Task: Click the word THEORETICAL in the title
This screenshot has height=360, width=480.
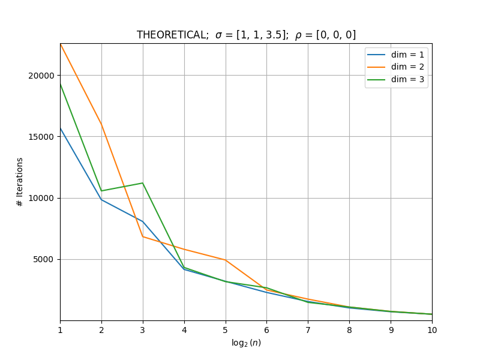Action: (x=172, y=35)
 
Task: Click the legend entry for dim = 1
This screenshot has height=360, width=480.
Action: (x=395, y=55)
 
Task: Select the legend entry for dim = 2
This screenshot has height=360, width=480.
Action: (x=395, y=67)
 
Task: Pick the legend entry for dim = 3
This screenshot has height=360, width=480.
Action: (x=395, y=80)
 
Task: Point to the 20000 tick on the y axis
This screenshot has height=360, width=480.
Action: (x=41, y=76)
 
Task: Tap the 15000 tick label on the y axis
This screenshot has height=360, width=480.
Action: (x=41, y=137)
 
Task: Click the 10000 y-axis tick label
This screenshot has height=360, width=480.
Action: (x=41, y=198)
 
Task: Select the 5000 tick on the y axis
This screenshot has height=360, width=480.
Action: (x=43, y=260)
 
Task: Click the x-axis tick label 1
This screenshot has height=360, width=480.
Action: (x=61, y=330)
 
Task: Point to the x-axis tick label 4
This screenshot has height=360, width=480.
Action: (x=184, y=330)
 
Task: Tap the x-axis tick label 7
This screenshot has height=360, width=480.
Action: (x=308, y=330)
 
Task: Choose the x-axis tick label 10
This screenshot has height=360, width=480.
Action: (x=432, y=330)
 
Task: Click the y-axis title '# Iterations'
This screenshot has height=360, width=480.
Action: (x=20, y=182)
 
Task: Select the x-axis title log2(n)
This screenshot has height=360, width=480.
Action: (x=246, y=343)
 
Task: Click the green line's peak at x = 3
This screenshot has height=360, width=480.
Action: (x=143, y=183)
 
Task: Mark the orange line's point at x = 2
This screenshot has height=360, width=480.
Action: (x=101, y=125)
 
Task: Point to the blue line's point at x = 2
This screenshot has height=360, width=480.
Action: (x=101, y=200)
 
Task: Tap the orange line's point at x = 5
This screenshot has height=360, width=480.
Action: (x=226, y=260)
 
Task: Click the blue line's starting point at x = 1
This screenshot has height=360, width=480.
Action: (x=61, y=128)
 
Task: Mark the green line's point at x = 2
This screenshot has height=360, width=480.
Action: (x=101, y=191)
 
